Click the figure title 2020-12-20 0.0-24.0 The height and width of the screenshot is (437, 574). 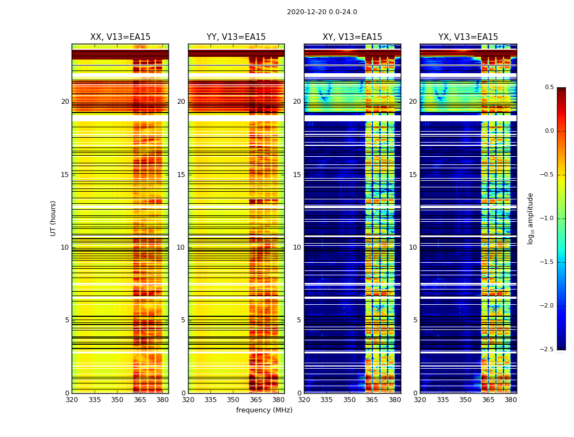click(322, 12)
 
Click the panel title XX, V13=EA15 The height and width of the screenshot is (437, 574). click(120, 37)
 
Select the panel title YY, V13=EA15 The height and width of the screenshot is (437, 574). click(236, 37)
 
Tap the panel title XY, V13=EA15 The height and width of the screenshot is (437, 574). click(352, 37)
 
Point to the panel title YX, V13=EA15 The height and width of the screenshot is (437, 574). click(468, 37)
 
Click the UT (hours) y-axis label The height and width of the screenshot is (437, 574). click(54, 218)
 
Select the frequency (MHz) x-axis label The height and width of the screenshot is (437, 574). click(264, 410)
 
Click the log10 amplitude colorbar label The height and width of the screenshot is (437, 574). click(530, 218)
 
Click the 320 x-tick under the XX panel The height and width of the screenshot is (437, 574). click(72, 400)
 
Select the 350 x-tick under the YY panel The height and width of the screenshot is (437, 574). click(233, 400)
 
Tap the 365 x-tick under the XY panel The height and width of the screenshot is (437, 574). click(372, 400)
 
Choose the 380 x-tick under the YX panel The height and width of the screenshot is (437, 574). click(511, 400)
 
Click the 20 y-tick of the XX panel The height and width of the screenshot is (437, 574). click(65, 102)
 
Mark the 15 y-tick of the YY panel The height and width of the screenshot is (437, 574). click(181, 175)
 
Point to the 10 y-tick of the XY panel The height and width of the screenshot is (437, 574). click(297, 247)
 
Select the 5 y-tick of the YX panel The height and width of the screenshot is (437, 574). click(415, 320)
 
